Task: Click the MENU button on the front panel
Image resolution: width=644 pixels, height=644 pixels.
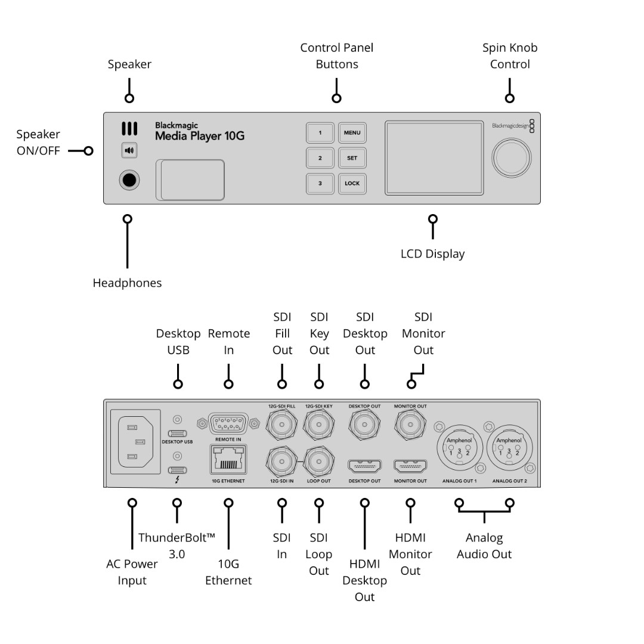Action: coord(352,132)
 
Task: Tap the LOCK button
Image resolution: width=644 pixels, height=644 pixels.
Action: coord(352,184)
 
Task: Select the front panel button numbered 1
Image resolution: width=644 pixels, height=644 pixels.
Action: coord(320,132)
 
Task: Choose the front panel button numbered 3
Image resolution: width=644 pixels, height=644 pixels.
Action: coord(320,184)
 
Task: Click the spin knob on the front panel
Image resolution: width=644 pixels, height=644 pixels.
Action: coord(512,157)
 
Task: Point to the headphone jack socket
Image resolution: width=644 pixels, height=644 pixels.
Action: coord(129,180)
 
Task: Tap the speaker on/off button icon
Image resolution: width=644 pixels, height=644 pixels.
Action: coord(129,150)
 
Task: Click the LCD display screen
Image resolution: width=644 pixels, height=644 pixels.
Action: coord(434,157)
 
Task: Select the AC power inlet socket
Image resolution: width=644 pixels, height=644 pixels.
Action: coord(135,441)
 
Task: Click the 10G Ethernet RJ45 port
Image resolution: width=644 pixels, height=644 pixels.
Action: coord(228,460)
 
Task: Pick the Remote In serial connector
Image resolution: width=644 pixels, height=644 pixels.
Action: coord(228,423)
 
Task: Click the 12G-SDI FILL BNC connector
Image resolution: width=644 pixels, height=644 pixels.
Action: coord(281,425)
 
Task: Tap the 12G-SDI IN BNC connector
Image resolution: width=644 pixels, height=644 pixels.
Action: coord(281,462)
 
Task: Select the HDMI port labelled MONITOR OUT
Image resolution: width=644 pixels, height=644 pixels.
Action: coord(410,466)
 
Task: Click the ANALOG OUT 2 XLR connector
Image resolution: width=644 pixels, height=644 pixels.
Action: coord(509,448)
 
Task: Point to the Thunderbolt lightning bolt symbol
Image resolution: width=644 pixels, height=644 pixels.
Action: coord(177,479)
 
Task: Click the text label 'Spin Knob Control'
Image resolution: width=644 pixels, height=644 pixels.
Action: coord(510,56)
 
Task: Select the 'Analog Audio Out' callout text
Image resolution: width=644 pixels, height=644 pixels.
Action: coord(484,546)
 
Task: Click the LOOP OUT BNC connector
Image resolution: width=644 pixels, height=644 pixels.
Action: coord(318,462)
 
